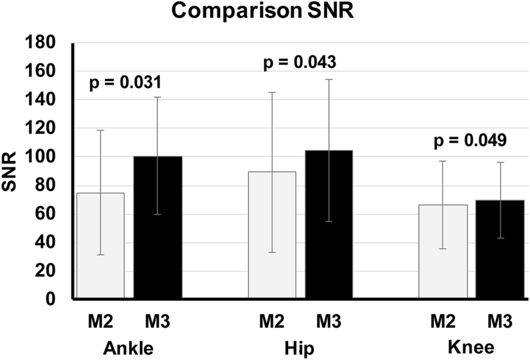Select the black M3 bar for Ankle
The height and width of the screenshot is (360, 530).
(x=158, y=228)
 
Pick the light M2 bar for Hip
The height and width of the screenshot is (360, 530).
(x=272, y=235)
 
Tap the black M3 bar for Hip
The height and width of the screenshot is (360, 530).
(x=329, y=225)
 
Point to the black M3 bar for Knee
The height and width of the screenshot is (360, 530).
(x=500, y=250)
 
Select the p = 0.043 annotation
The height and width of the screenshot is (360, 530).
(x=300, y=63)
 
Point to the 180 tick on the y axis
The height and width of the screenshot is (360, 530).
(x=46, y=44)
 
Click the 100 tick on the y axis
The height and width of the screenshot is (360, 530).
(x=46, y=157)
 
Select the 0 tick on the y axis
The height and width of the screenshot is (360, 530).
(x=55, y=300)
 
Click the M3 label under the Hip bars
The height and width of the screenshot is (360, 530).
(x=329, y=320)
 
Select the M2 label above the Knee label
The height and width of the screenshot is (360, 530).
(x=443, y=320)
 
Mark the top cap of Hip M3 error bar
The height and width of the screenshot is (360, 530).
(x=329, y=80)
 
